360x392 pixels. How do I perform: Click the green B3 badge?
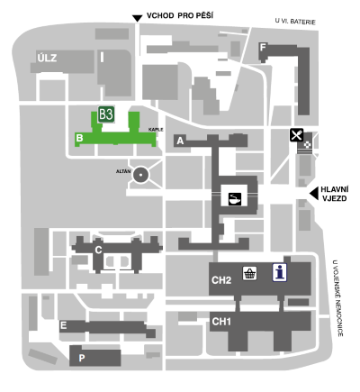106,114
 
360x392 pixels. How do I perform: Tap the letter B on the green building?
79,138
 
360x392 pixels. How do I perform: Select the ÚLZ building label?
47,58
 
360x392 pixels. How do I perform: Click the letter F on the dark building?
263,48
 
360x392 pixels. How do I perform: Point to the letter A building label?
180,141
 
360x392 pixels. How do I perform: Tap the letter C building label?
98,250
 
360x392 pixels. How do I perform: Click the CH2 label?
221,280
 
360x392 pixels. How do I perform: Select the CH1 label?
221,322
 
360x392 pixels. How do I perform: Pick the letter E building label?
63,325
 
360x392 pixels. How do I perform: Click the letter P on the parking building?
82,358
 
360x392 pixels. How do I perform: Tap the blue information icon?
280,273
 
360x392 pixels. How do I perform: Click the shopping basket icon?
249,273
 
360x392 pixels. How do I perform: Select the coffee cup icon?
235,199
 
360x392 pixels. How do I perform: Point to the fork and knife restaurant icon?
297,135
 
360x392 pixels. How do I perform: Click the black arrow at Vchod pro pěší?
138,18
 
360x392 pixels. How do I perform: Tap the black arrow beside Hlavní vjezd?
314,193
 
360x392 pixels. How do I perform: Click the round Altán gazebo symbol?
140,175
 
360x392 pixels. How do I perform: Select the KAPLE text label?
156,130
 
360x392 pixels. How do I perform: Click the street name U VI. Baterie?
295,22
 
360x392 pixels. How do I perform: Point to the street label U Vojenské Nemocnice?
338,298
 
